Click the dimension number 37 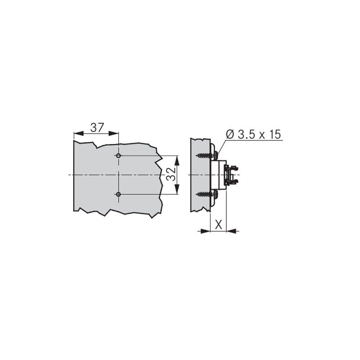pos(97,128)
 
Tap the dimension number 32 pos(171,175)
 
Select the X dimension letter pos(219,224)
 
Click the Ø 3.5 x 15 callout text pos(253,134)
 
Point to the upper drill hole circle pos(118,156)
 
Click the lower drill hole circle pos(118,194)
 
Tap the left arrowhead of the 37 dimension pos(78,133)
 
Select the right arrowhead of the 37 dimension pos(114,133)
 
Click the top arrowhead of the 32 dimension pos(177,160)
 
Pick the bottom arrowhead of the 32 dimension pos(177,189)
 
